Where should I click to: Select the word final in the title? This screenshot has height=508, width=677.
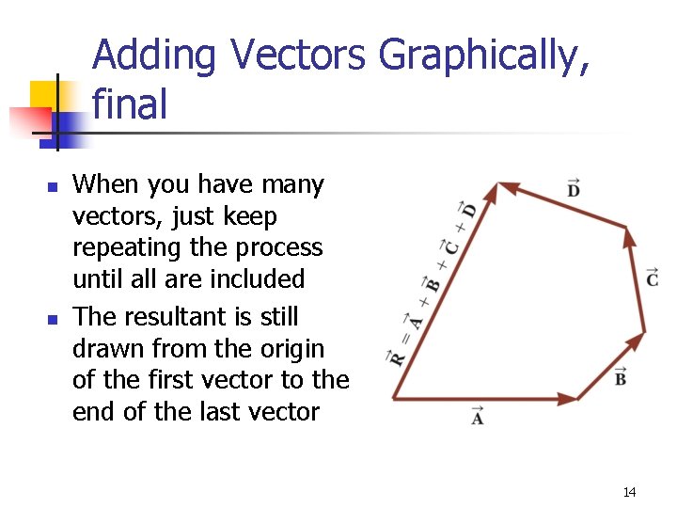point(130,103)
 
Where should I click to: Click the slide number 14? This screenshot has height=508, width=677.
point(629,492)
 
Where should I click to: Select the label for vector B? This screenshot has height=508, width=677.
point(621,378)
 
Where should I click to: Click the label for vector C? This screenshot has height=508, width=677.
point(652,278)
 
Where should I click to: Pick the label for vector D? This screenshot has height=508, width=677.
point(573,189)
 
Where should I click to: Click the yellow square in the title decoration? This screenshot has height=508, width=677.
point(44,96)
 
